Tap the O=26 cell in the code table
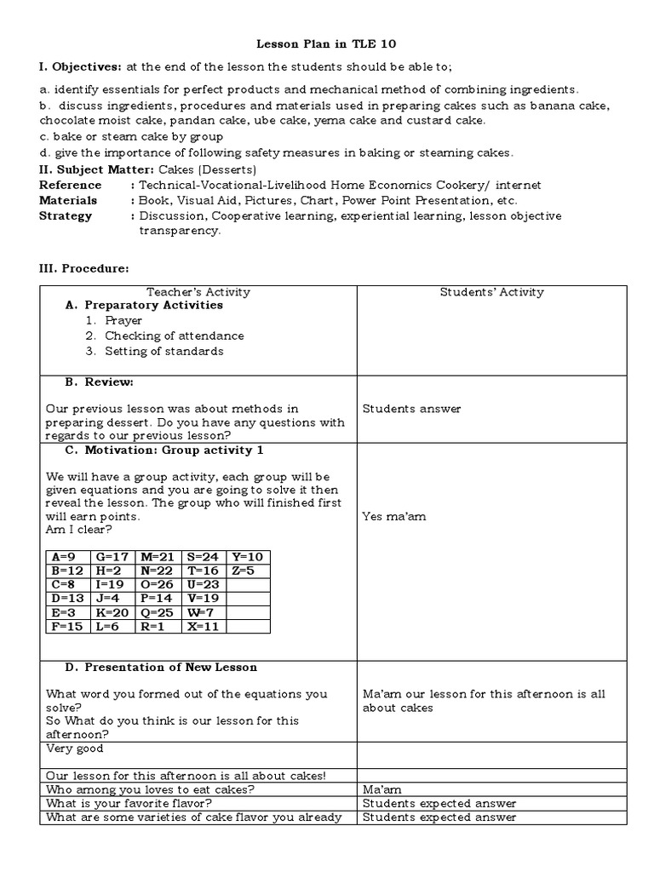click(x=157, y=584)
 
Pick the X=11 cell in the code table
click(x=203, y=626)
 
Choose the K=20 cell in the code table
click(x=112, y=612)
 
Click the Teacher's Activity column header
click(x=198, y=292)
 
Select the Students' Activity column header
click(x=491, y=292)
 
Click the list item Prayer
click(x=123, y=320)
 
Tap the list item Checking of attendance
click(x=174, y=336)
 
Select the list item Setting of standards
click(x=163, y=351)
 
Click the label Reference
click(x=70, y=185)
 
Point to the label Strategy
click(x=66, y=215)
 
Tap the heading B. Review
click(x=100, y=381)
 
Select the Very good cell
click(x=75, y=749)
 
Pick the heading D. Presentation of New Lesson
click(x=161, y=667)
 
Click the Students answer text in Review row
click(x=411, y=409)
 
